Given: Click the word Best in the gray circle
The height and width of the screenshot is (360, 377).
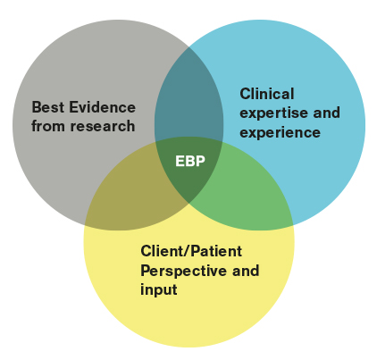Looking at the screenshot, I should coord(46,106).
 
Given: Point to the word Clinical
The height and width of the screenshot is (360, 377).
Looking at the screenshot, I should coord(266,93).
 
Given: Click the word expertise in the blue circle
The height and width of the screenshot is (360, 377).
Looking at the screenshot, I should coord(271,113).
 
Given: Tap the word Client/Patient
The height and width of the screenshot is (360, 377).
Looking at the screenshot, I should coord(191,251).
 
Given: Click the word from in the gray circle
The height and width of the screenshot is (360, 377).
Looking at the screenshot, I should coord(47,125).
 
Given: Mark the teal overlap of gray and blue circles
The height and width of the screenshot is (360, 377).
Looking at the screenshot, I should coord(188,98).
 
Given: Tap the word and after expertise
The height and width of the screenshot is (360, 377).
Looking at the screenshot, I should coord(328,113).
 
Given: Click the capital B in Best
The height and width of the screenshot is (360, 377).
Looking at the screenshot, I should coord(36,106).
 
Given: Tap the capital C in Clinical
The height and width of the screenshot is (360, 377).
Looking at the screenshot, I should coord(245,93).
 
